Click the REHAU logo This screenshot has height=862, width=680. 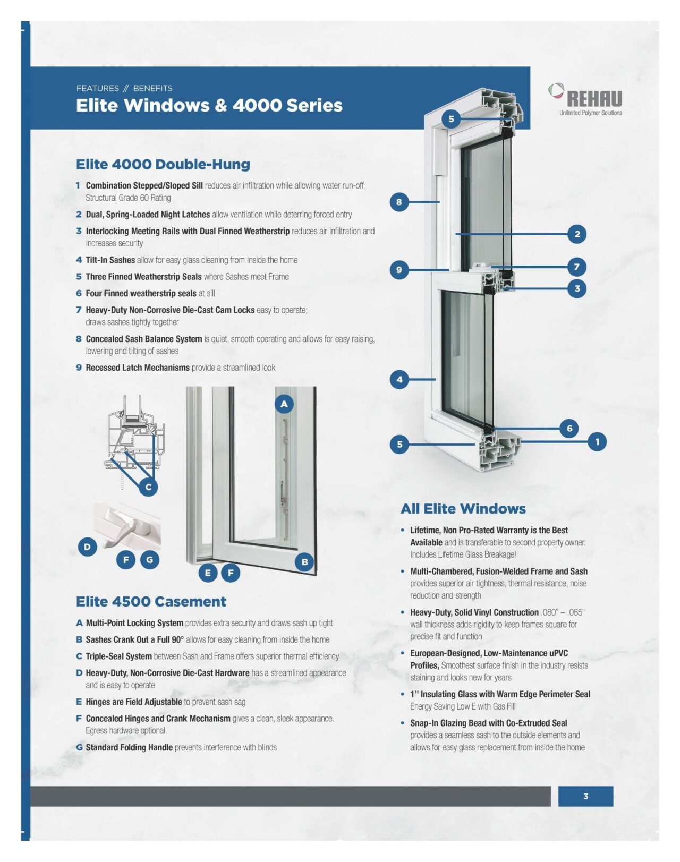pyautogui.click(x=586, y=99)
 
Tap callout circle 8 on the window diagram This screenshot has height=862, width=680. pyautogui.click(x=399, y=202)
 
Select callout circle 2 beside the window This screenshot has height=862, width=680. pyautogui.click(x=577, y=234)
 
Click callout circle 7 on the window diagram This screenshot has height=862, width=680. pyautogui.click(x=576, y=267)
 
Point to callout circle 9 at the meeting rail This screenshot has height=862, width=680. pyautogui.click(x=399, y=270)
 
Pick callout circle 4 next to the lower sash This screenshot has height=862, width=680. pyautogui.click(x=399, y=379)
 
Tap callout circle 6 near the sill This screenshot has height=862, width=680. pyautogui.click(x=569, y=428)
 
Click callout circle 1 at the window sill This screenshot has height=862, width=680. pyautogui.click(x=597, y=441)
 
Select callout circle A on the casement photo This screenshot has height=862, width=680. pyautogui.click(x=284, y=404)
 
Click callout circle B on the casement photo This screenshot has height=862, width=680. pyautogui.click(x=304, y=561)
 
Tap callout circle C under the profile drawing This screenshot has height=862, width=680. pyautogui.click(x=148, y=487)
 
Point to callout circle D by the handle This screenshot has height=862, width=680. pyautogui.click(x=87, y=547)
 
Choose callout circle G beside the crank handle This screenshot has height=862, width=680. pyautogui.click(x=150, y=559)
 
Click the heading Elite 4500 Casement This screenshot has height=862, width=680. pyautogui.click(x=151, y=602)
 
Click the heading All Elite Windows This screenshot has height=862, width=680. pyautogui.click(x=463, y=509)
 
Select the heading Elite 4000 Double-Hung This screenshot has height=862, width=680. pyautogui.click(x=163, y=164)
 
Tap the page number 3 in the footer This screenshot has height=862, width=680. pyautogui.click(x=585, y=796)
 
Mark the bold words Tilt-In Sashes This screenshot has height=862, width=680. pyautogui.click(x=110, y=260)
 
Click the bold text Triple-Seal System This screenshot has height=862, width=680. pyautogui.click(x=118, y=656)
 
